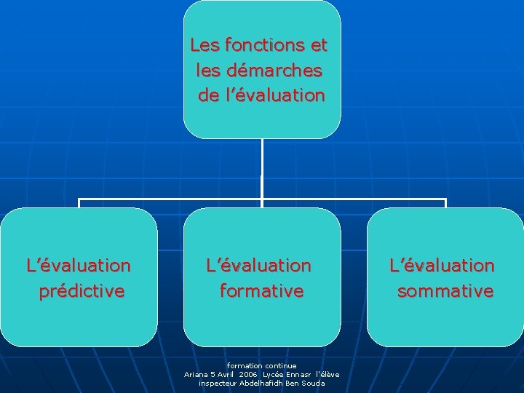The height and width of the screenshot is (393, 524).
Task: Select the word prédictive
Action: [x=82, y=292]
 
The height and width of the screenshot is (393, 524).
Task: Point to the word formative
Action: [x=262, y=292]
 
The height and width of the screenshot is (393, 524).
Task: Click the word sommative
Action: [x=445, y=292]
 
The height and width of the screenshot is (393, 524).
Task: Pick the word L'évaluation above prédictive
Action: [x=79, y=266]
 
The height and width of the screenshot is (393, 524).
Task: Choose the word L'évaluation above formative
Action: [x=258, y=266]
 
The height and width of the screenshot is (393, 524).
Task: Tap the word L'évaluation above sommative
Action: [x=442, y=266]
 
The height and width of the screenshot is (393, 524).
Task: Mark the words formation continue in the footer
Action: [x=262, y=365]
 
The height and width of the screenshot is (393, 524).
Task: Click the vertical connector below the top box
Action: [x=262, y=167]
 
